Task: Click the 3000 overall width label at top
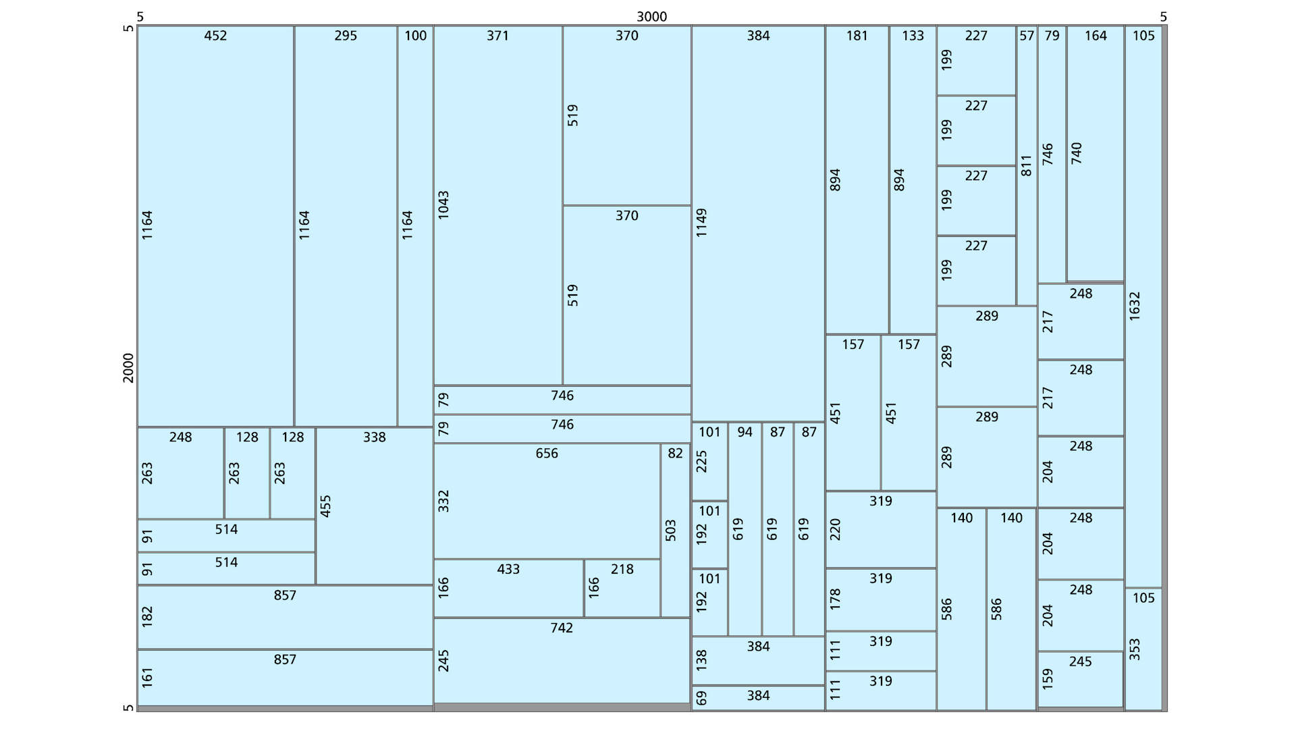coord(651,17)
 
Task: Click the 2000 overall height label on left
coord(128,368)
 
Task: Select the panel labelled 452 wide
coord(215,226)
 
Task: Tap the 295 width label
coord(346,36)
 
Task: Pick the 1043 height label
coord(443,205)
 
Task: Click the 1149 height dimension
coord(702,223)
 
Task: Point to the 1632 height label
coord(1135,306)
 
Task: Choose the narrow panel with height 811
coord(1027,165)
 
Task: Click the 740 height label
coord(1077,153)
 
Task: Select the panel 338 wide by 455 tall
coord(375,506)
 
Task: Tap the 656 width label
coord(547,454)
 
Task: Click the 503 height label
coord(670,530)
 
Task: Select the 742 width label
coord(562,628)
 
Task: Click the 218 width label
coord(622,569)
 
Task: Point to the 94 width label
coord(745,432)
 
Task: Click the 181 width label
coord(857,36)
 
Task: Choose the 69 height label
coord(702,698)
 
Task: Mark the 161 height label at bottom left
coord(148,677)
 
